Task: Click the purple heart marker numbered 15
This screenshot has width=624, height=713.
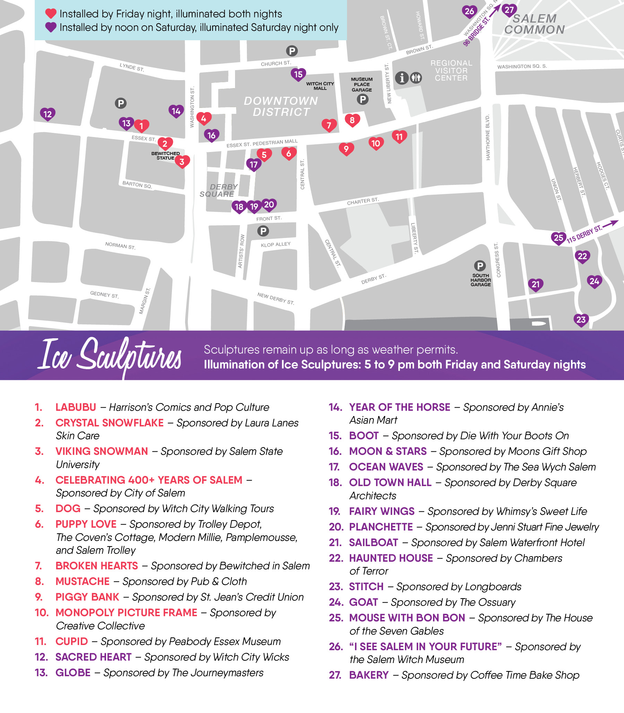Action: tap(298, 74)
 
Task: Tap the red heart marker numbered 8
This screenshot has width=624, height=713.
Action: tap(352, 120)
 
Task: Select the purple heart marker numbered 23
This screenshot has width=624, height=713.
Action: tap(581, 319)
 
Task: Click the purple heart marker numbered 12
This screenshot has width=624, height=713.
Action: tap(47, 113)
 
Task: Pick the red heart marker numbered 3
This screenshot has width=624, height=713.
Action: tap(182, 161)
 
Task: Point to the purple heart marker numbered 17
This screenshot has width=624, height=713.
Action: tap(253, 164)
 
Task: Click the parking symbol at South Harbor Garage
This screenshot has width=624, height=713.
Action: tap(480, 266)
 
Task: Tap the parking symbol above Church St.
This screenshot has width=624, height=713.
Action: tap(292, 51)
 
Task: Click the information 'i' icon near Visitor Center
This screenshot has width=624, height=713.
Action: tap(402, 77)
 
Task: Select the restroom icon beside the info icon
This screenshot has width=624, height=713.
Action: tap(416, 77)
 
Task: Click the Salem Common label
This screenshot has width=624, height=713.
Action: tap(534, 24)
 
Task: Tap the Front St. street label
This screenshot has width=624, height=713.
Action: tap(268, 219)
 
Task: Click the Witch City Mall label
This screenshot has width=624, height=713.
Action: tap(320, 86)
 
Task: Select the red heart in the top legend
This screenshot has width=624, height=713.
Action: tap(51, 14)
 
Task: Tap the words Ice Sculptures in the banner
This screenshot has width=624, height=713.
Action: tap(110, 355)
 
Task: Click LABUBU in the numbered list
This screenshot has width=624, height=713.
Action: tap(76, 407)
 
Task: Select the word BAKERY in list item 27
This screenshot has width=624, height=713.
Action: tap(369, 675)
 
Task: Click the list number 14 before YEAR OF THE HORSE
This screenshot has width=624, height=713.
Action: tap(335, 407)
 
